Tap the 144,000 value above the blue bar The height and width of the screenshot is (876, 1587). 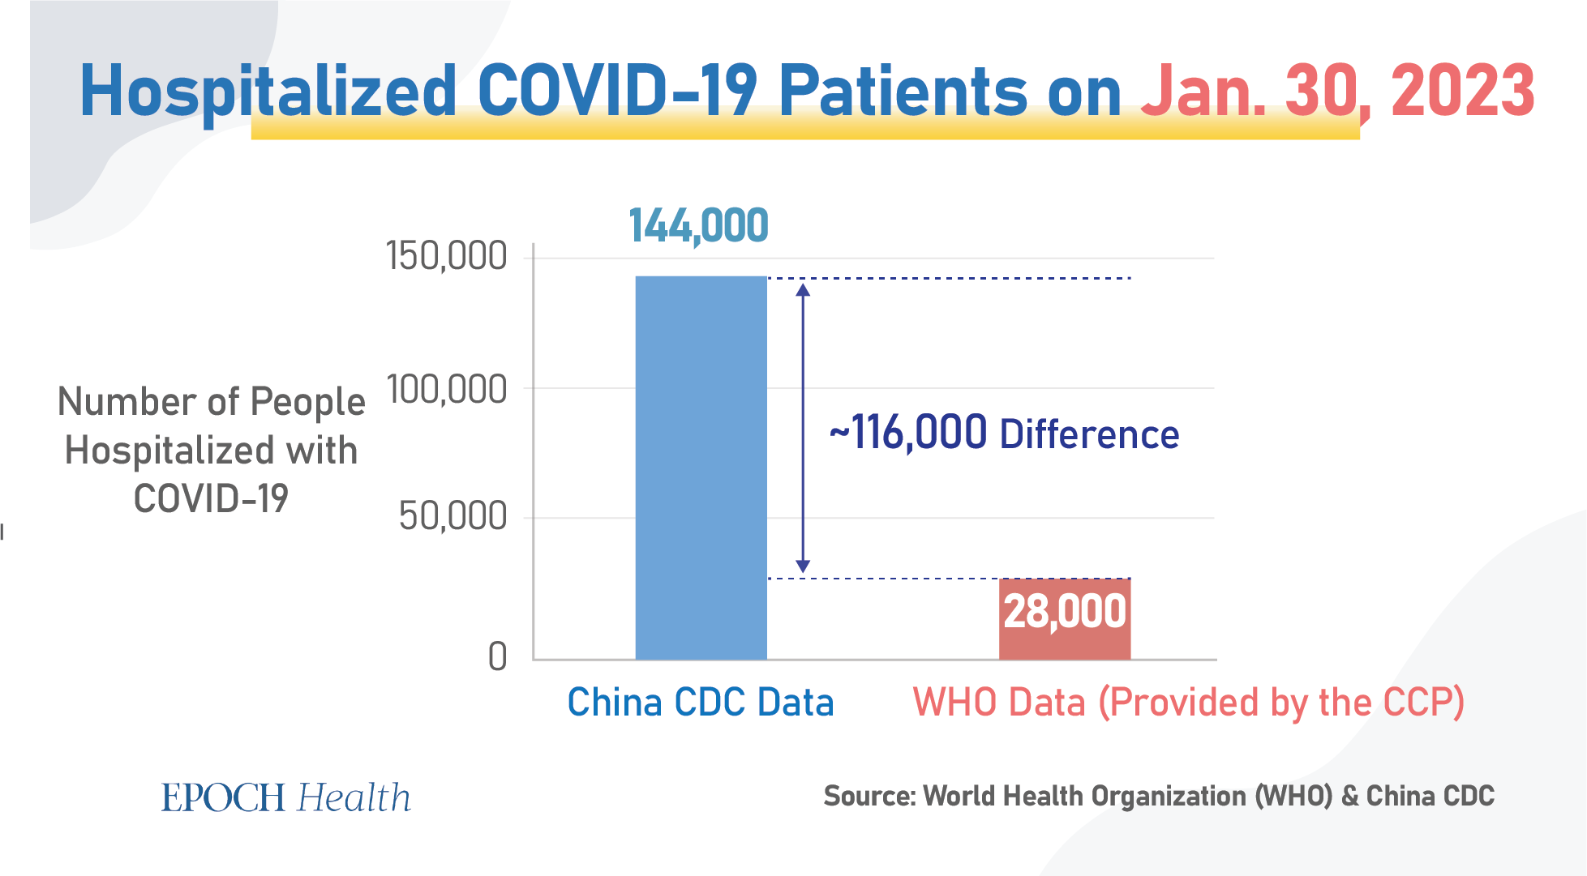tap(698, 225)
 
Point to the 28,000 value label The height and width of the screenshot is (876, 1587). tap(1065, 611)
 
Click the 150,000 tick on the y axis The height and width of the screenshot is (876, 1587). tap(447, 257)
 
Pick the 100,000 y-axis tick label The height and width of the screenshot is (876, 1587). tap(447, 390)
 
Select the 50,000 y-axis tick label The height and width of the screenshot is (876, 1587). tap(453, 516)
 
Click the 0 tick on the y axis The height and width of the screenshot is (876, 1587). tap(497, 656)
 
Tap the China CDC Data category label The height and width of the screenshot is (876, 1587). tap(701, 702)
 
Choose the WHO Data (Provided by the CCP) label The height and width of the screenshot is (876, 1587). tap(1189, 702)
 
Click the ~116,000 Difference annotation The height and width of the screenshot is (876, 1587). tap(1004, 433)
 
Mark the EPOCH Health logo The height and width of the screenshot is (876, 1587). tap(286, 797)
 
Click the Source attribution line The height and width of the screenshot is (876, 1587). tap(1159, 796)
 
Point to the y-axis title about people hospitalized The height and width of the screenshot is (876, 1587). tap(211, 450)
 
